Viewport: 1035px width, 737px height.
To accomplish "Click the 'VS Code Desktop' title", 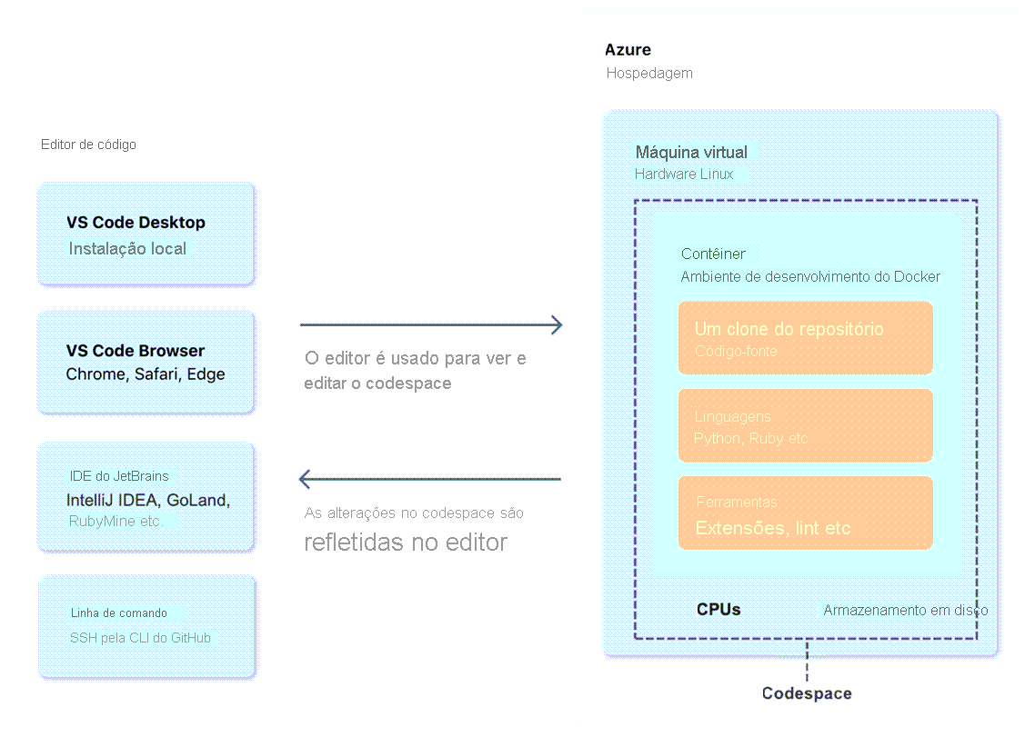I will click(x=136, y=223).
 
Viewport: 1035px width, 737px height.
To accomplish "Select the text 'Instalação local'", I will click(x=127, y=248).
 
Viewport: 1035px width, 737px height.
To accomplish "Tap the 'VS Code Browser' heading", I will click(x=136, y=351).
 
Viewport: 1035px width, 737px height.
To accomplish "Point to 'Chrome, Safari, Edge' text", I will click(x=146, y=374).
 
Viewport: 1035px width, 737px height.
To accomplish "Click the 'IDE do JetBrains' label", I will click(x=119, y=476).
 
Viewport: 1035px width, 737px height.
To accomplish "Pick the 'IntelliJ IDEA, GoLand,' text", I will click(x=148, y=500).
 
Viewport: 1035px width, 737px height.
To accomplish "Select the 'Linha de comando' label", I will click(x=119, y=613).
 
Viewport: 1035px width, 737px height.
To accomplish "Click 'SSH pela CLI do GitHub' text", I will click(x=140, y=638).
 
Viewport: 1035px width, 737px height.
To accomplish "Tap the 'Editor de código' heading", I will click(x=88, y=144).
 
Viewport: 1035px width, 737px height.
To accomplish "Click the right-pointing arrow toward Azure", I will click(x=431, y=324).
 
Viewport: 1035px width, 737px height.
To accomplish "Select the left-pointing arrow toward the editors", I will click(x=430, y=479).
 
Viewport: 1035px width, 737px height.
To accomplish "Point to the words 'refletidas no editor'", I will click(x=406, y=543).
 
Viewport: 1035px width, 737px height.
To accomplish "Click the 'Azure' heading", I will click(x=628, y=50).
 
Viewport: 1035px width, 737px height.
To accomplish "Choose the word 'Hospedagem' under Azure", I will click(x=649, y=73).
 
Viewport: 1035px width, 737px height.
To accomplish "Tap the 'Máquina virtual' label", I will click(x=691, y=152).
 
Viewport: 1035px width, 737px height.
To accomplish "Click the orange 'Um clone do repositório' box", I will click(x=805, y=338).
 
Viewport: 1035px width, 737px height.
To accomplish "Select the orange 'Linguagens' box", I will click(x=805, y=425).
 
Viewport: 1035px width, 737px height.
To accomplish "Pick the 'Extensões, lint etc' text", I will click(x=773, y=528).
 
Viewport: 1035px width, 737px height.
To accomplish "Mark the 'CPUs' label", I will click(x=718, y=609).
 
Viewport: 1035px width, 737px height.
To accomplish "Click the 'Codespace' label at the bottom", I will click(x=807, y=693).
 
